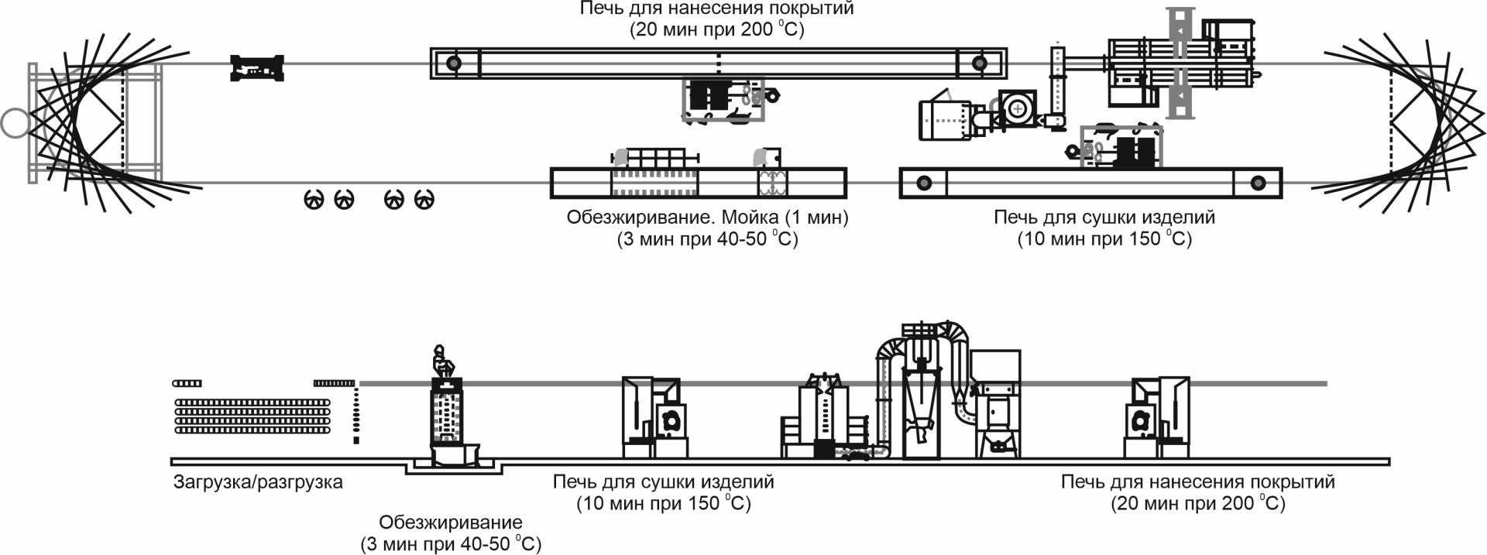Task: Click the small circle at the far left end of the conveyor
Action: (x=14, y=123)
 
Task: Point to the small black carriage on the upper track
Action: (x=258, y=68)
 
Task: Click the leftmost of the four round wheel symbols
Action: (x=314, y=200)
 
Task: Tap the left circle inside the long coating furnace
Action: (x=454, y=63)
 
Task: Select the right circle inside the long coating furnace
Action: (x=980, y=63)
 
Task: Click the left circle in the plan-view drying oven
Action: (x=922, y=183)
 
